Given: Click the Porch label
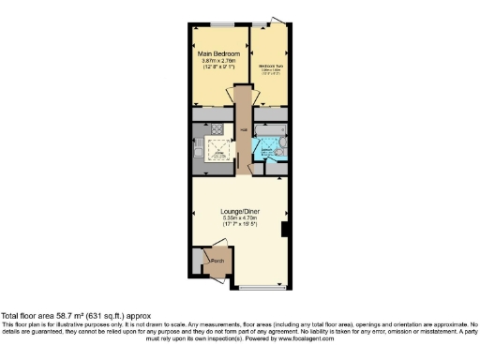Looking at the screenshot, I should click(215, 261).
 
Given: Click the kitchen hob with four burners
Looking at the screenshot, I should click(216, 130).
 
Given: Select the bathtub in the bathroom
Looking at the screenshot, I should click(274, 136).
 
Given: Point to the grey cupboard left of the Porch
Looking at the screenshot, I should click(195, 262).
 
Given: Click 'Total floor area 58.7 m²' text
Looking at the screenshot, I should click(75, 316).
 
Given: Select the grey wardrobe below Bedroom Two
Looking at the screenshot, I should click(273, 114).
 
